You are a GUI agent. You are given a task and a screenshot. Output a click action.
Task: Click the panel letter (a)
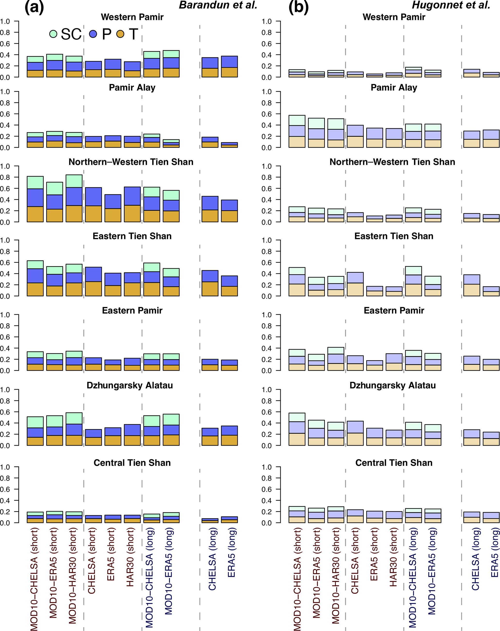pyautogui.click(x=34, y=7)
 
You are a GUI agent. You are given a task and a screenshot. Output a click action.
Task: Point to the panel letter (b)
pyautogui.click(x=299, y=7)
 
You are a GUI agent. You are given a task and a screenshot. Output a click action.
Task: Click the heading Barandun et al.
pyautogui.click(x=218, y=5)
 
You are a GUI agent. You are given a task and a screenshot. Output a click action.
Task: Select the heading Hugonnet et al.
pyautogui.click(x=451, y=5)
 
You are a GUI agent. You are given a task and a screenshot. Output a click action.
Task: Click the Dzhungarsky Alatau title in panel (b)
pyautogui.click(x=393, y=385)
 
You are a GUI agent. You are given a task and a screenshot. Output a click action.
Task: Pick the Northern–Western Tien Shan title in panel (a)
pyautogui.click(x=131, y=162)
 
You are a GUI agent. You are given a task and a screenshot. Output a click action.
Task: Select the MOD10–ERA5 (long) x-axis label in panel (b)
pyautogui.click(x=432, y=571)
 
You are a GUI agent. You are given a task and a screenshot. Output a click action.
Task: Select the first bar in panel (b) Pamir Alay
pyautogui.click(x=297, y=131)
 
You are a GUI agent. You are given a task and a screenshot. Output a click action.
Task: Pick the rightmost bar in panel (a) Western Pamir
pyautogui.click(x=229, y=67)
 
